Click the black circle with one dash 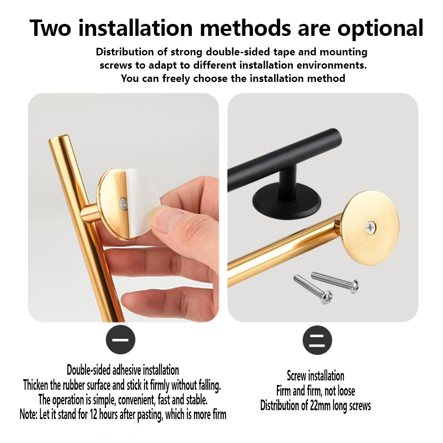click(x=120, y=340)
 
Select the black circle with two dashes click(x=317, y=340)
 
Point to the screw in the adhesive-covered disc click(x=124, y=203)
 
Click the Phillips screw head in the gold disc click(x=370, y=227)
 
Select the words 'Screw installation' click(x=315, y=376)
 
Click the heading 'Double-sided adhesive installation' click(x=123, y=370)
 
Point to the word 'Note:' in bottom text click(x=30, y=415)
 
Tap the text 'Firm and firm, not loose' click(x=315, y=391)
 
